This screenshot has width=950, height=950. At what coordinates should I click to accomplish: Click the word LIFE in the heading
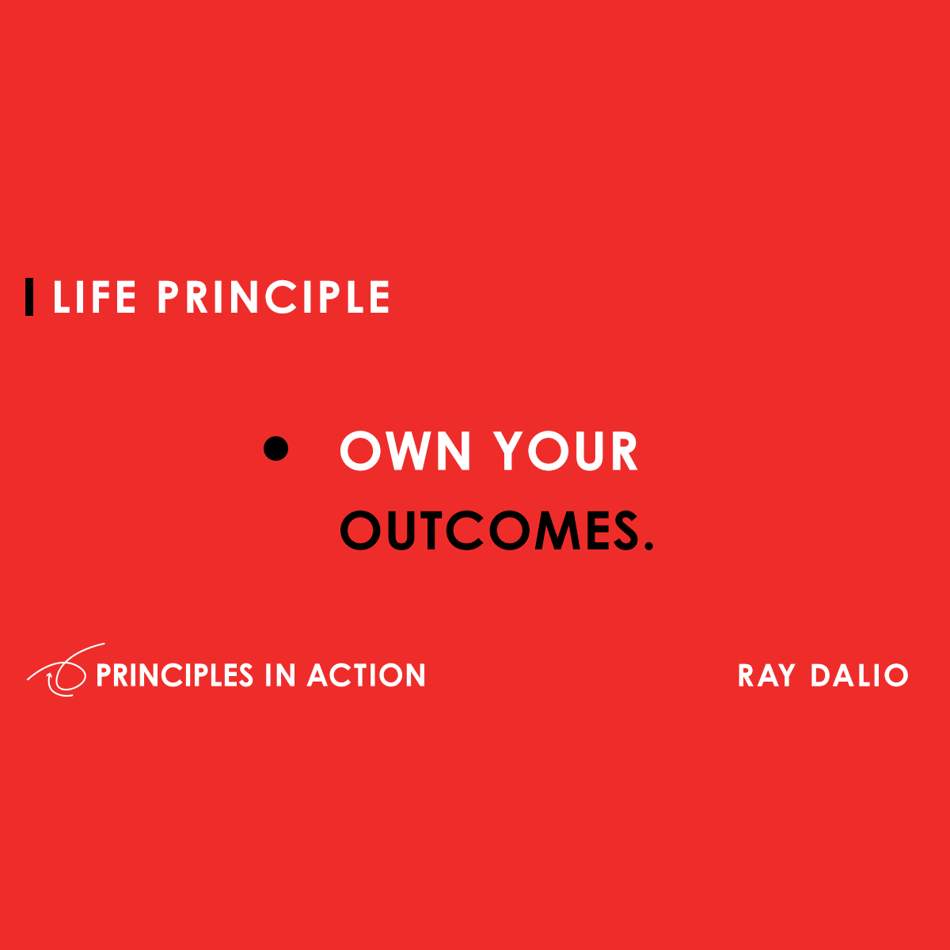coord(94,298)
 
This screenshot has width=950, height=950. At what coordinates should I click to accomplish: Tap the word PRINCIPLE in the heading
coord(273,298)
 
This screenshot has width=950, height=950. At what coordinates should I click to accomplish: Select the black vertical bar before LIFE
coord(30,297)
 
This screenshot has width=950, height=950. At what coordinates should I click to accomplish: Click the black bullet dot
coord(275,448)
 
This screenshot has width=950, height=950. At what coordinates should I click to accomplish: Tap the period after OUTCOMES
coord(649,546)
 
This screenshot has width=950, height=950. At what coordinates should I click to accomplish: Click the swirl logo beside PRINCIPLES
coord(59,673)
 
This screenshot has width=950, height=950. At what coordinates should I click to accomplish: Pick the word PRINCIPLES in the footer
coord(174,675)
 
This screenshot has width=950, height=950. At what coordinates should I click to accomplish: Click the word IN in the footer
coord(280,675)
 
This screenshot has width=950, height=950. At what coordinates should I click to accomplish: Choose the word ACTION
coord(367,675)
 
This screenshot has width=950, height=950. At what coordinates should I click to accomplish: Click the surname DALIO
coord(859,675)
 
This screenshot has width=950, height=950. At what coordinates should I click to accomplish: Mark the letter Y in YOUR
coord(511,452)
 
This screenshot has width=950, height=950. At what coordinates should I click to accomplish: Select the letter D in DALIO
coord(821,675)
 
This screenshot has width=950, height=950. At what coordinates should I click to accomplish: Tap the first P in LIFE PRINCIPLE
coord(169,298)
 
